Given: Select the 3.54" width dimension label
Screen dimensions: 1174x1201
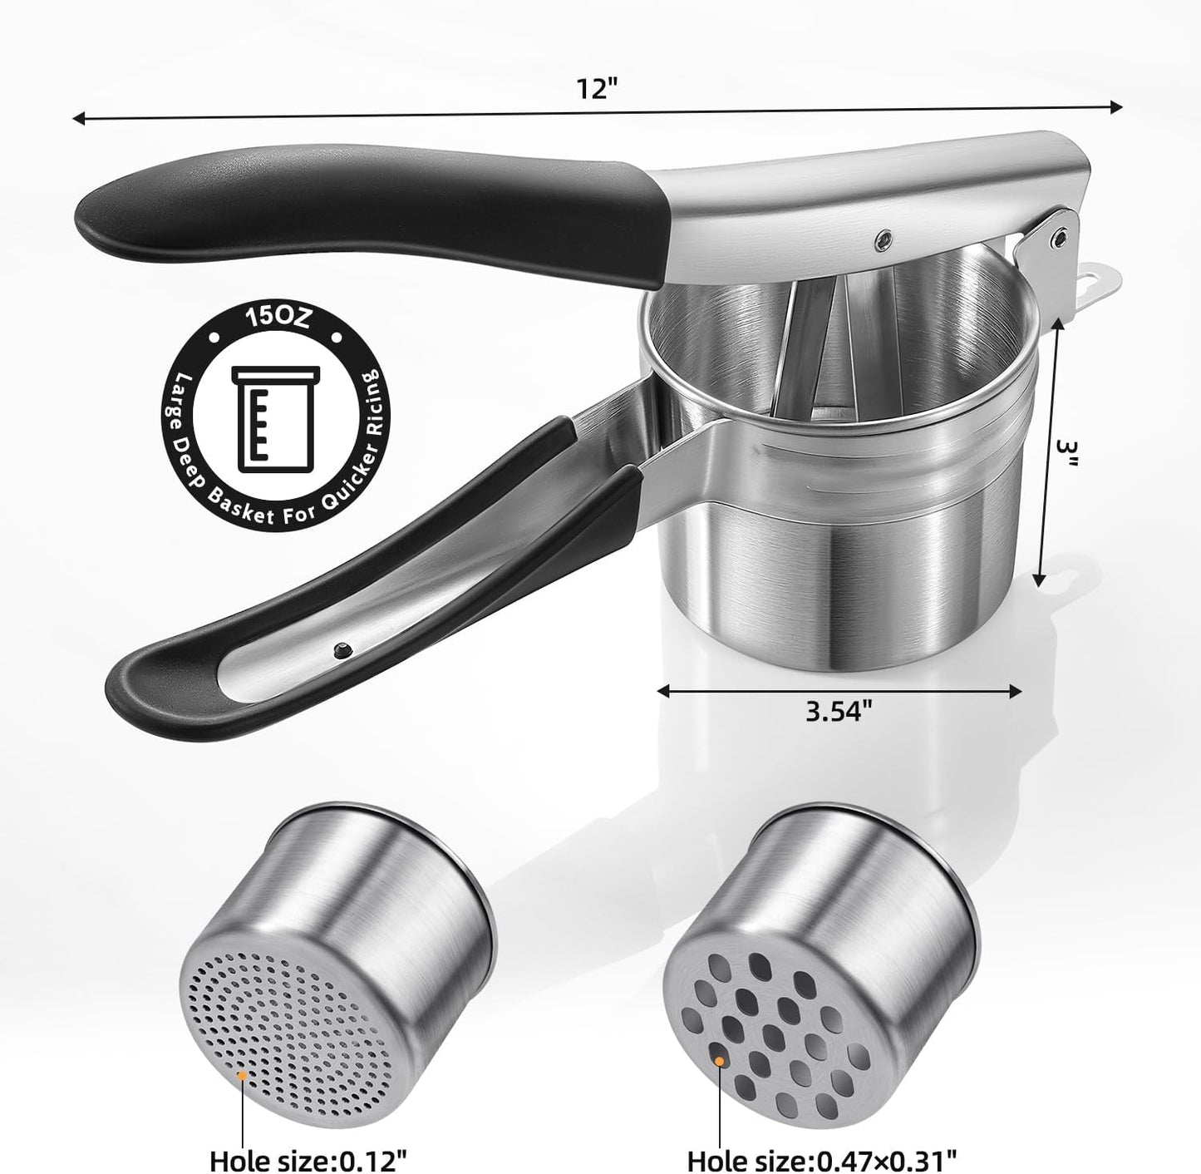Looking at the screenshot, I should [x=839, y=714].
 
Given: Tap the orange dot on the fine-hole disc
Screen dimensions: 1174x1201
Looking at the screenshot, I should [x=242, y=1075].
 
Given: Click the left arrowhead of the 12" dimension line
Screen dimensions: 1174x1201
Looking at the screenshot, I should [x=76, y=119].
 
